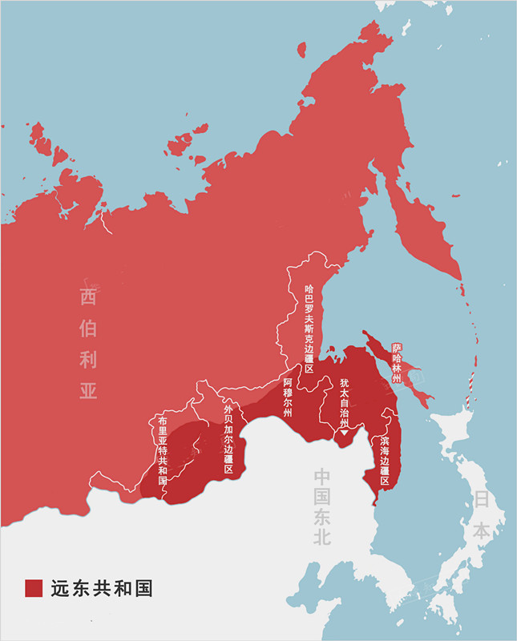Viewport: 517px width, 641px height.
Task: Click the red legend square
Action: [33, 587]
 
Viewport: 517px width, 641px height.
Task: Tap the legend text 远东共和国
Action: [101, 587]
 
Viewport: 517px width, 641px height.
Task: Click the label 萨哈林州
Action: [396, 363]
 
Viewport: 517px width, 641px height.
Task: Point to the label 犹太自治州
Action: [344, 402]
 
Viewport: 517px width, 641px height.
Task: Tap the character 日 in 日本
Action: [480, 499]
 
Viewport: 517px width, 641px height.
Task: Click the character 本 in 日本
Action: [480, 530]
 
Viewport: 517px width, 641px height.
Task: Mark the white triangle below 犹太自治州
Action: [344, 433]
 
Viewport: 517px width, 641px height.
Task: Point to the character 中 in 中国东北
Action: [322, 475]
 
